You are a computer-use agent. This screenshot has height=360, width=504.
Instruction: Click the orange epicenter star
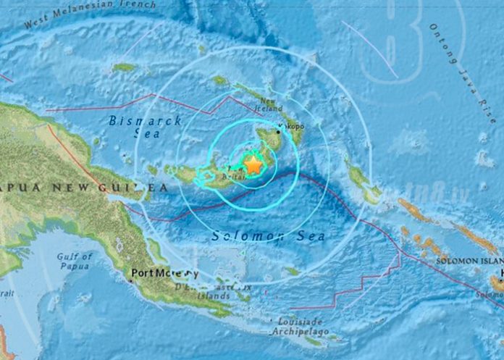[253, 165]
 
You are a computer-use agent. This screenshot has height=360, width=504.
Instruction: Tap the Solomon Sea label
[267, 236]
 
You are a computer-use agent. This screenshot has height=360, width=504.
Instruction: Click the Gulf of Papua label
[75, 261]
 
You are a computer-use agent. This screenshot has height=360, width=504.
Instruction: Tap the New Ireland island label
[270, 105]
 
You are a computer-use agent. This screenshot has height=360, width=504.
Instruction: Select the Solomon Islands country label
[470, 259]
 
